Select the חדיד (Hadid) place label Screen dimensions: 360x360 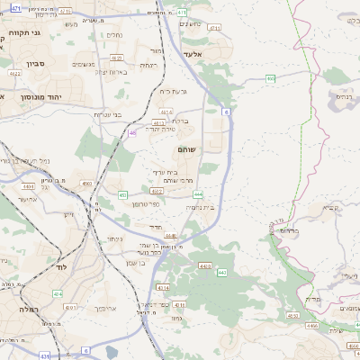tap(155, 227)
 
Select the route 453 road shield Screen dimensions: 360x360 tap(122, 194)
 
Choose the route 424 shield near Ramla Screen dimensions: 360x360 tap(58, 293)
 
